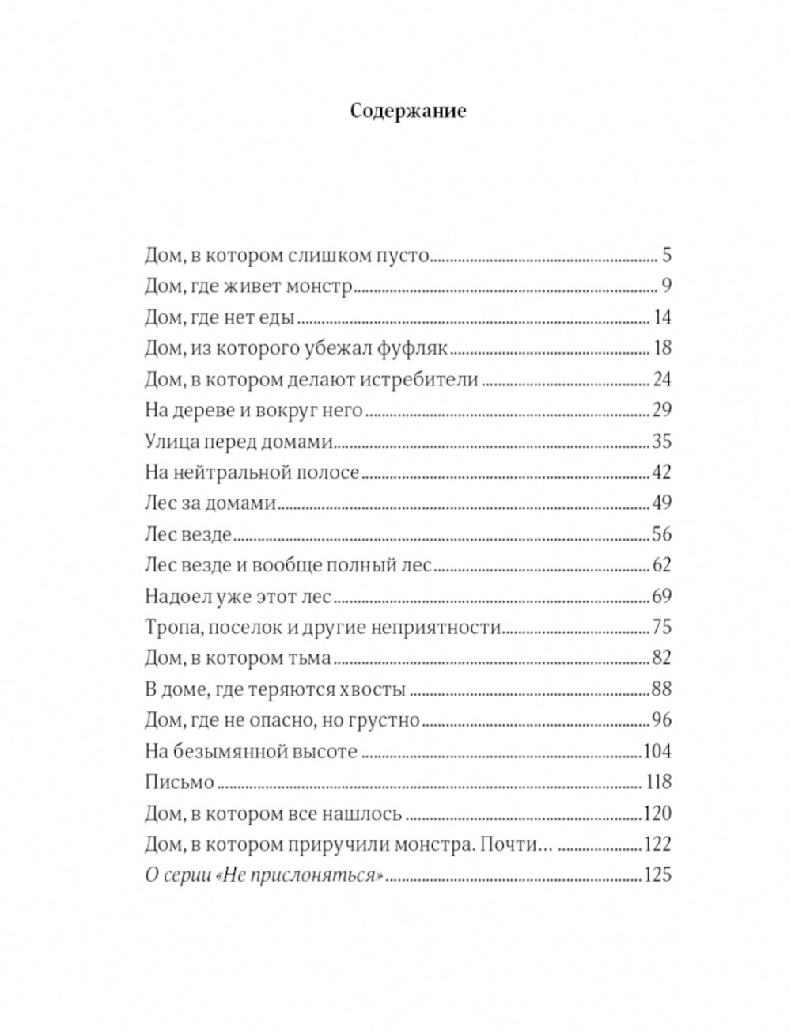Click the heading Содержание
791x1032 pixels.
click(407, 110)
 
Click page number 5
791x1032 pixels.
click(665, 255)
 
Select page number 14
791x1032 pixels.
click(662, 317)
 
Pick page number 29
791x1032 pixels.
click(660, 410)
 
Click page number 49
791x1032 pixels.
click(660, 503)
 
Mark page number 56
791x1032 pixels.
click(660, 534)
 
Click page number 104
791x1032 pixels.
click(657, 751)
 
